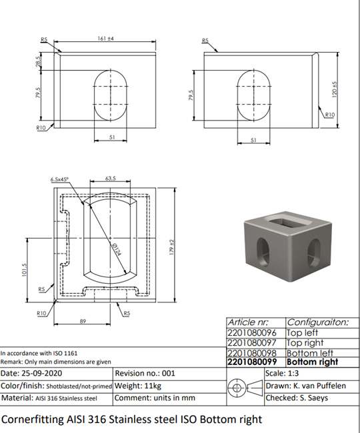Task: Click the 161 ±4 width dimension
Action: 105,39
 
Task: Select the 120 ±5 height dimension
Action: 334,89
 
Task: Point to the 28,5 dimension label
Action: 39,61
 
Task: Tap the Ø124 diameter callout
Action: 117,249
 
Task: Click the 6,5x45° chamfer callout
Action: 59,179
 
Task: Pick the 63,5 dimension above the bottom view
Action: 111,179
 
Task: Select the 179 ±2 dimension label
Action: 171,247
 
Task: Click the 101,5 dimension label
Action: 24,270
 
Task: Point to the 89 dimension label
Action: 83,321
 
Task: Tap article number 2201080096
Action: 252,333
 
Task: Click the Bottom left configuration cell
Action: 310,353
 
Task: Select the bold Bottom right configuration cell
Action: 312,362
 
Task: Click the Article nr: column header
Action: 248,322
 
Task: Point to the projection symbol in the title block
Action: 245,388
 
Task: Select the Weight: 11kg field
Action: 138,386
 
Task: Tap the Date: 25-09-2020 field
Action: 31,373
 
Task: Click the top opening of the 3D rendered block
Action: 288,222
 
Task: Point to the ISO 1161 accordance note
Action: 39,353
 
